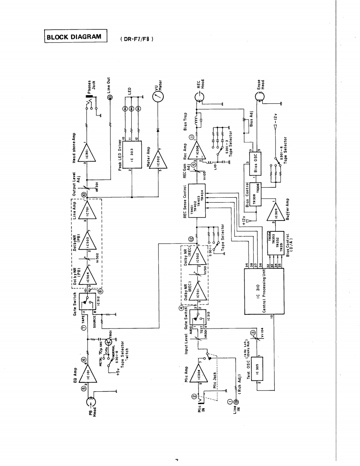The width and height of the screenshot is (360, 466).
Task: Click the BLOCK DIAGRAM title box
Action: [76, 37]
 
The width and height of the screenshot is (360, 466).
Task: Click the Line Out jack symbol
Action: [110, 98]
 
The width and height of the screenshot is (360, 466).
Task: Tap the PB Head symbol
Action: [91, 403]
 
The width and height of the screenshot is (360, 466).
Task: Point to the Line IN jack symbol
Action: [237, 402]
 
